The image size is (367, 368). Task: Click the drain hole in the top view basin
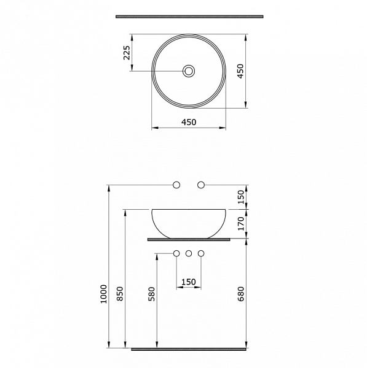[x=189, y=72]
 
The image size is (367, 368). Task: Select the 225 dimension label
[x=127, y=54]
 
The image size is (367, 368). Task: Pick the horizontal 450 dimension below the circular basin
[x=189, y=122]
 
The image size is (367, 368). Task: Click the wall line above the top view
[x=189, y=17]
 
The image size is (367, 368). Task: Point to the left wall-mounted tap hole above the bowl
[x=176, y=185]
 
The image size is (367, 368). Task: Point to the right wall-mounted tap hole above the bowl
[x=200, y=185]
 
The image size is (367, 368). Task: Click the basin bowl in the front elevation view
[x=189, y=222]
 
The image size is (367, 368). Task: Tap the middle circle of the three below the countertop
[x=189, y=253]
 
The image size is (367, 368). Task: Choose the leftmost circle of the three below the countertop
[x=176, y=253]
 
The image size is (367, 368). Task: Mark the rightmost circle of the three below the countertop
[x=200, y=253]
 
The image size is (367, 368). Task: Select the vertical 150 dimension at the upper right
[x=241, y=197]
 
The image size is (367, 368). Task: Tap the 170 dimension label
[x=241, y=223]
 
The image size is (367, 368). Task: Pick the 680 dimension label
[x=241, y=293]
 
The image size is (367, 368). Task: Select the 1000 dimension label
[x=103, y=294]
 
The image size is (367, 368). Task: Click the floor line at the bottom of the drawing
[x=189, y=349]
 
